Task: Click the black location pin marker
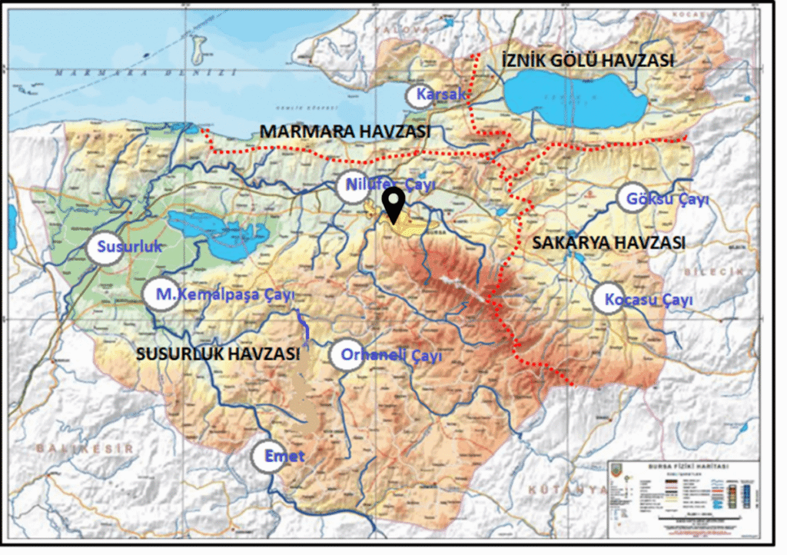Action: click(394, 203)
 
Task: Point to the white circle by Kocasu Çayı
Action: click(609, 298)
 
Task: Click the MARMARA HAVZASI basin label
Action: click(344, 131)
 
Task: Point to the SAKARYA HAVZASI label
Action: click(607, 243)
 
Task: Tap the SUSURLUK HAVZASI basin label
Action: click(218, 354)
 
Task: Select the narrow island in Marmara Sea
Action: click(202, 50)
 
